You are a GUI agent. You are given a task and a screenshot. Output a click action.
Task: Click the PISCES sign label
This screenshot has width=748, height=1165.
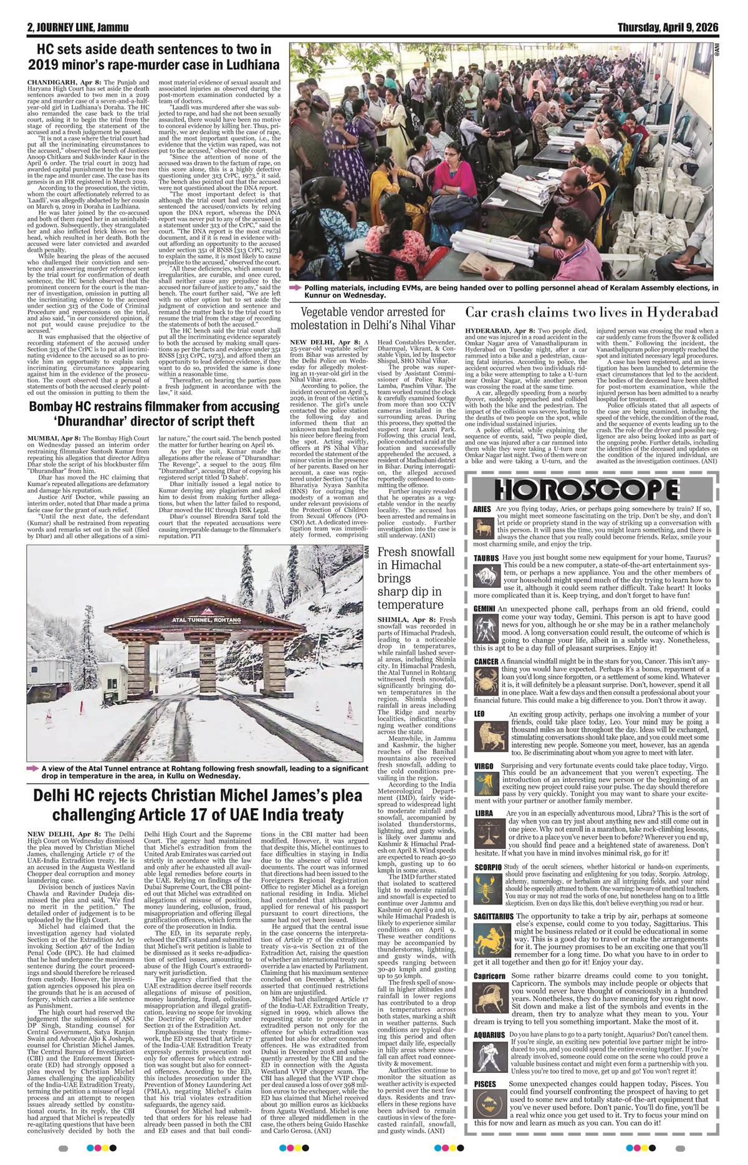click(485, 1085)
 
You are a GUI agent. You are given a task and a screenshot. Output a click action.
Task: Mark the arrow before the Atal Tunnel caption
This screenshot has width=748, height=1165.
click(32, 769)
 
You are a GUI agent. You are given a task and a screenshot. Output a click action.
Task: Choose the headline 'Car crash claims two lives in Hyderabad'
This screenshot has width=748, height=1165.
click(592, 311)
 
